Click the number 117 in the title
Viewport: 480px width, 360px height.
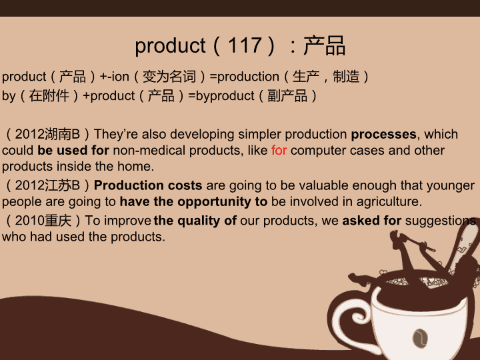click(x=245, y=45)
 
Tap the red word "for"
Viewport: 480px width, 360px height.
click(x=279, y=150)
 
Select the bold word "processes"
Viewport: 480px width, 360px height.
click(x=383, y=135)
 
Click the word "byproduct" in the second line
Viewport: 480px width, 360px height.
click(x=225, y=96)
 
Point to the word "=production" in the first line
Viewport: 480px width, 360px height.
click(x=244, y=77)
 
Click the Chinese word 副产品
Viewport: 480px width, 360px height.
click(x=287, y=96)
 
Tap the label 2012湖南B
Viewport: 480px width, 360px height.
click(x=47, y=135)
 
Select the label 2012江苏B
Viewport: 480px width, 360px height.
click(x=47, y=185)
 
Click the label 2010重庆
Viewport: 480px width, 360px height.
click(x=43, y=221)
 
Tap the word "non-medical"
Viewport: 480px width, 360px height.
click(x=149, y=150)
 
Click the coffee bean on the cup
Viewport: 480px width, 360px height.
click(x=420, y=338)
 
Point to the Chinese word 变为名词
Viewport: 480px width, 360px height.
click(x=169, y=77)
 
